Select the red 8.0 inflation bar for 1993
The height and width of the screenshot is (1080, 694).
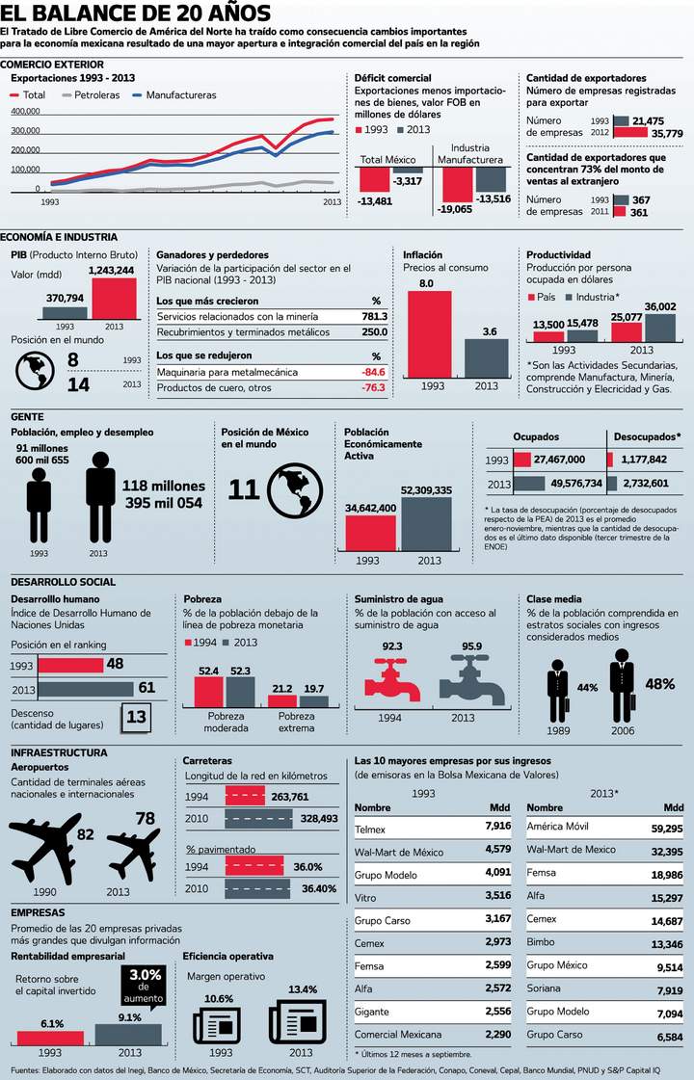[x=426, y=333]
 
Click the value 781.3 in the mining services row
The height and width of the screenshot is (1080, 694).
[x=374, y=316]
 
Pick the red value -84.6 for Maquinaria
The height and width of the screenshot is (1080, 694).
[x=373, y=372]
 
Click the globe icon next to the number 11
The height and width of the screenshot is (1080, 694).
[x=295, y=489]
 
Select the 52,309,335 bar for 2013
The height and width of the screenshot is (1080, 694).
[x=425, y=525]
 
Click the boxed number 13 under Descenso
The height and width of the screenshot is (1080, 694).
[x=136, y=718]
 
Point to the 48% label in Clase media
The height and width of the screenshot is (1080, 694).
[x=659, y=684]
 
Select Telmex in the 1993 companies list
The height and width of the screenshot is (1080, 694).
[x=370, y=828]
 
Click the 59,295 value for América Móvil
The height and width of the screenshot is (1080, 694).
[x=666, y=828]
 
